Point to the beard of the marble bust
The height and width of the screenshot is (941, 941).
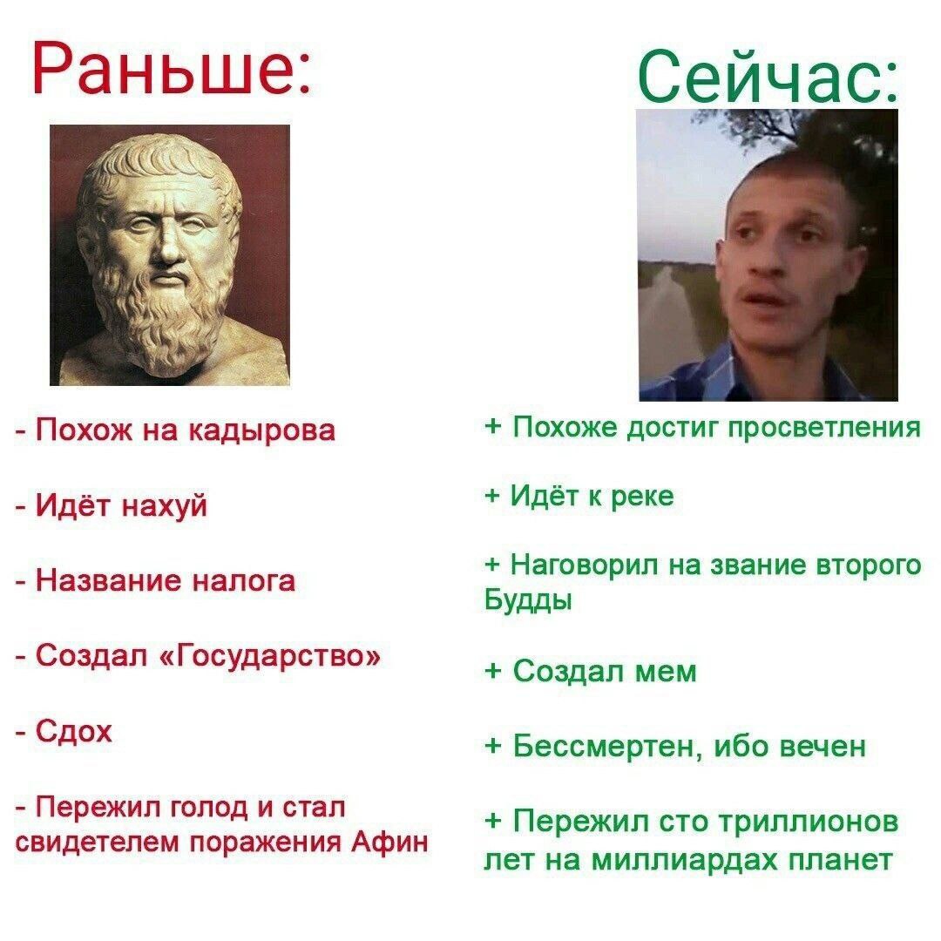[x=162, y=318]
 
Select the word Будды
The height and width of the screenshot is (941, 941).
[x=528, y=599]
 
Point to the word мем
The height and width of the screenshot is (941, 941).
[x=666, y=672]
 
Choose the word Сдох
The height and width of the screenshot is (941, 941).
[x=74, y=732]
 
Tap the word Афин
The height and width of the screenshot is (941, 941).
[x=390, y=841]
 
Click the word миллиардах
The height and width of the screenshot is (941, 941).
[x=684, y=861]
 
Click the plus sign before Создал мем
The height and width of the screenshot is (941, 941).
[x=492, y=670]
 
